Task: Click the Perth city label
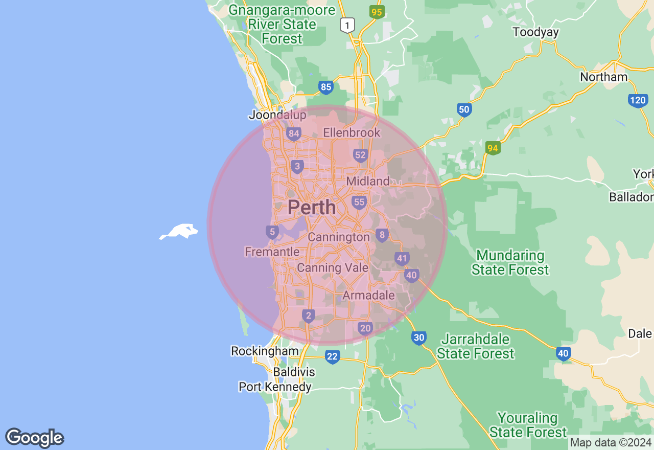(x=312, y=208)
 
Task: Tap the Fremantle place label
(x=272, y=252)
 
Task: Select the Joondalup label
(x=277, y=115)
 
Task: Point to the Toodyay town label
(x=535, y=32)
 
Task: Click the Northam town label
(x=603, y=77)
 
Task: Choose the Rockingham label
(x=265, y=351)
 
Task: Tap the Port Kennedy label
(x=275, y=387)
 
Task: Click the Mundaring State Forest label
(x=510, y=262)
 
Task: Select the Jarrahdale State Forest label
(x=475, y=346)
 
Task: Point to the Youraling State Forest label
(x=528, y=425)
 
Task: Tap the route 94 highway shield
(x=492, y=148)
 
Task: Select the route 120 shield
(x=638, y=100)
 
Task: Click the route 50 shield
(x=463, y=109)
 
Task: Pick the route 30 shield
(x=419, y=337)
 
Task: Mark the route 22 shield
(x=332, y=356)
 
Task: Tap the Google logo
(x=34, y=438)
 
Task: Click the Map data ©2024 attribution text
(x=611, y=442)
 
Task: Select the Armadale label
(x=368, y=295)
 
